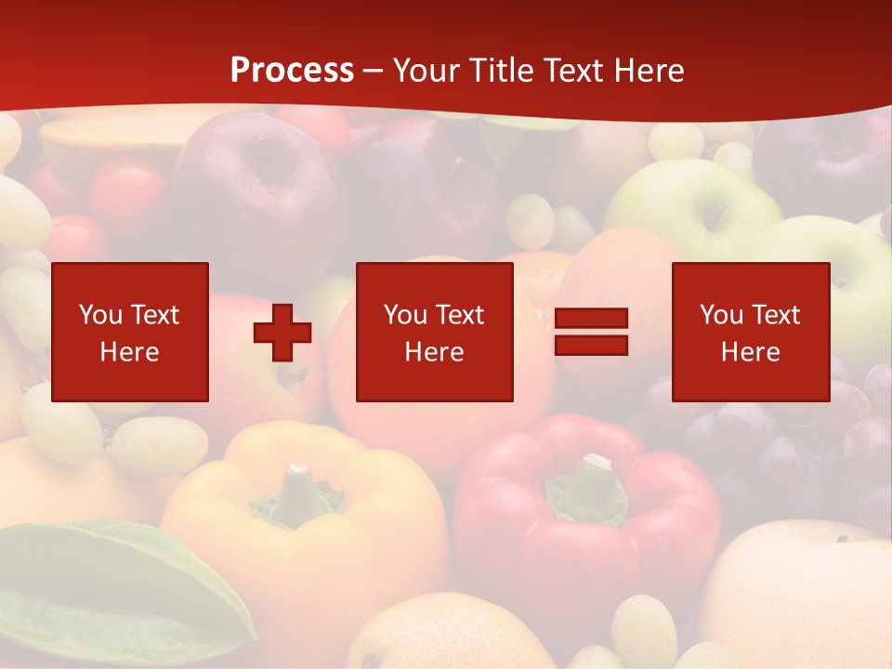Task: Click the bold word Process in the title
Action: coord(292,71)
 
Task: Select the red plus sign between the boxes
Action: coord(282,333)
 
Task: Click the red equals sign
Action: coord(591,332)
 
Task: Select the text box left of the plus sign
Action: coord(130,332)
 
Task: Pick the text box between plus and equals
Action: coord(435,332)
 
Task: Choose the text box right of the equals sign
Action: coord(751,332)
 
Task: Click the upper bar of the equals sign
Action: coord(591,319)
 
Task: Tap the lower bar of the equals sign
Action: coord(591,345)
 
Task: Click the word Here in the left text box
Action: coord(130,352)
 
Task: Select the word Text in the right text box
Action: coord(777,315)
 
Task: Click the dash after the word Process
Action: coord(374,71)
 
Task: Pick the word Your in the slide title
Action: coord(426,71)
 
